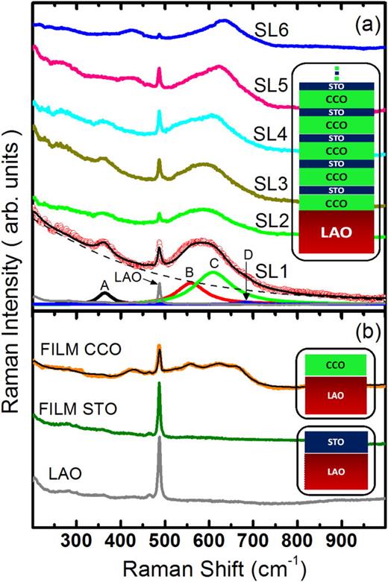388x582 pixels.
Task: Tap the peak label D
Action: point(247,256)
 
